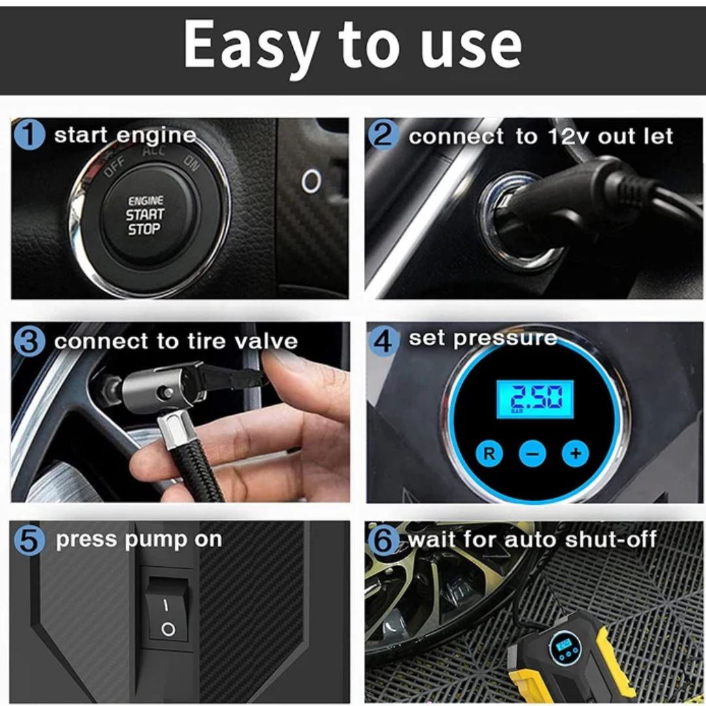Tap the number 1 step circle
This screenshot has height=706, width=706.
point(29,135)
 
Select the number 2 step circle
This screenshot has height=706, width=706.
point(383,135)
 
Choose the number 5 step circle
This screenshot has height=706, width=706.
point(29,540)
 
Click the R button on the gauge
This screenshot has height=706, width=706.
point(489,454)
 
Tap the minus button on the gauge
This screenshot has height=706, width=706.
point(532,454)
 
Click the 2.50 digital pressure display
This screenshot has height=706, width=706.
point(535,399)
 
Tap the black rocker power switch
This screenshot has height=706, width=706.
point(167,609)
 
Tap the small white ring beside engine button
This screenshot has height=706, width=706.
point(311,181)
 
